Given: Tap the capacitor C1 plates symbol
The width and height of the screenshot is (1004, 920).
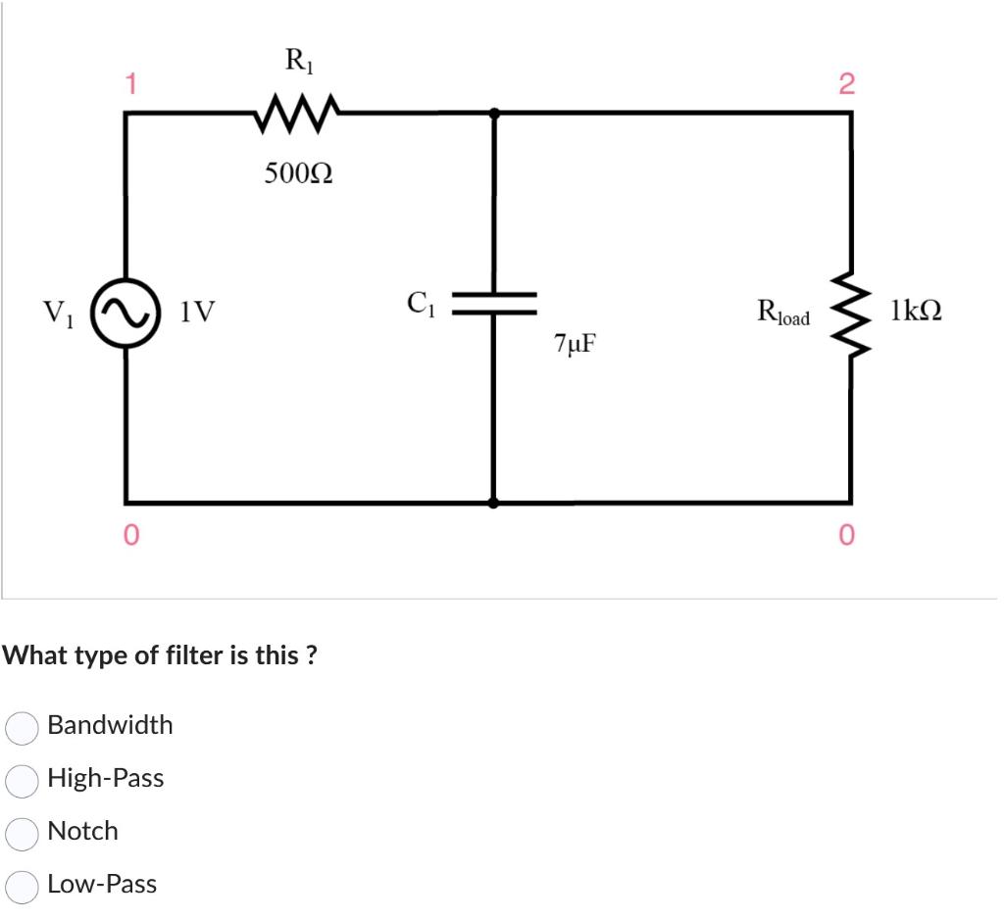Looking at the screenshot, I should click(x=493, y=303).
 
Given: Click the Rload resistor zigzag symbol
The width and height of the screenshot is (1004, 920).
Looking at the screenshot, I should click(x=849, y=312).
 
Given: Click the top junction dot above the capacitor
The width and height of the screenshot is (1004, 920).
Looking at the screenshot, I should click(x=493, y=114).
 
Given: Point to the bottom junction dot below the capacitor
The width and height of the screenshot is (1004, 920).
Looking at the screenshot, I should click(x=493, y=503).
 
